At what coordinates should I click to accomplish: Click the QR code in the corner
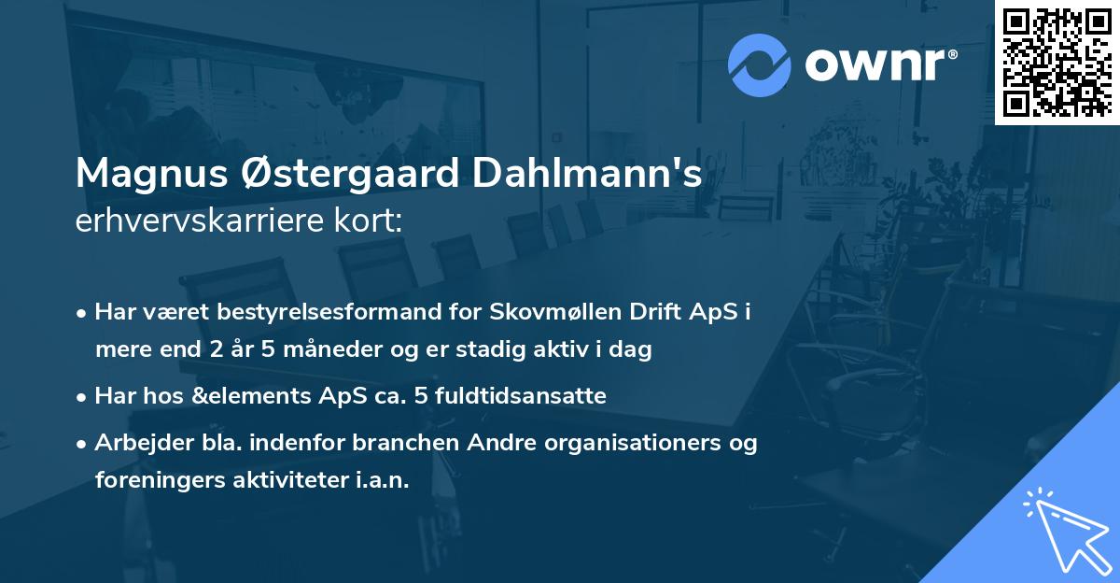tap(1057, 62)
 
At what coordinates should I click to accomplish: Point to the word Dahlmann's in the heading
tap(587, 174)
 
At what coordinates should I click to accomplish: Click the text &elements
tap(265, 396)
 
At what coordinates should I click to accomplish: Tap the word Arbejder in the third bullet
tap(136, 442)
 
